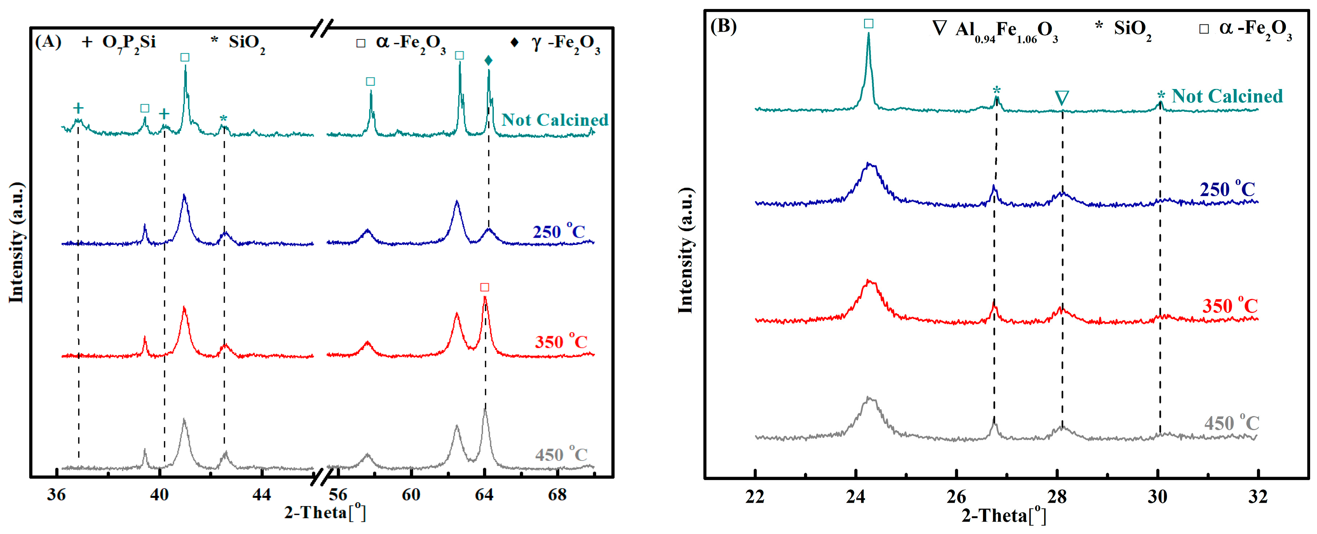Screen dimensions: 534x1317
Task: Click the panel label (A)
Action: coord(48,42)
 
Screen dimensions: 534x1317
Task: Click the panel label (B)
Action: coord(723,26)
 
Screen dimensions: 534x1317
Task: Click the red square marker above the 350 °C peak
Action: coord(485,288)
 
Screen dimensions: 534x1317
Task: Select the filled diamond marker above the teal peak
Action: coord(488,61)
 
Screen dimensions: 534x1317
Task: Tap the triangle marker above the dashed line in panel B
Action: coord(1062,98)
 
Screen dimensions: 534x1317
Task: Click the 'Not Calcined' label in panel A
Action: coord(555,120)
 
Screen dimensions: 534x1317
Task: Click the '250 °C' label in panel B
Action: coord(1227,189)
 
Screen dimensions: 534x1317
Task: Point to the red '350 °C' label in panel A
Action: coord(561,341)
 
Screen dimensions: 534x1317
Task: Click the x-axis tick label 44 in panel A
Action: coord(261,495)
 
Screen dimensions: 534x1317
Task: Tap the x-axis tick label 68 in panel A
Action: coord(557,495)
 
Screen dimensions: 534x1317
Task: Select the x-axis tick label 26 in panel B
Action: coord(955,497)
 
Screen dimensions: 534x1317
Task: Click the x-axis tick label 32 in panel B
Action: coord(1258,497)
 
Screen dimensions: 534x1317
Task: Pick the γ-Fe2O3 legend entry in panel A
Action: coord(565,43)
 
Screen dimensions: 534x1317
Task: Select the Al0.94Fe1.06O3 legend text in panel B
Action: coord(1005,30)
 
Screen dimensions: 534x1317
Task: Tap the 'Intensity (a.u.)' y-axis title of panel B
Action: coord(685,251)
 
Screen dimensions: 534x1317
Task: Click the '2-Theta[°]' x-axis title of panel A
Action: coord(325,512)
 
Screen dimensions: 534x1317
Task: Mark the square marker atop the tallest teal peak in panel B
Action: coord(868,24)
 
